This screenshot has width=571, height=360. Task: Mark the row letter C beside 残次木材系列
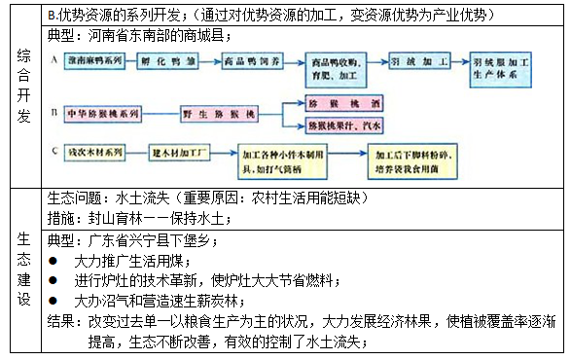(54, 151)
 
